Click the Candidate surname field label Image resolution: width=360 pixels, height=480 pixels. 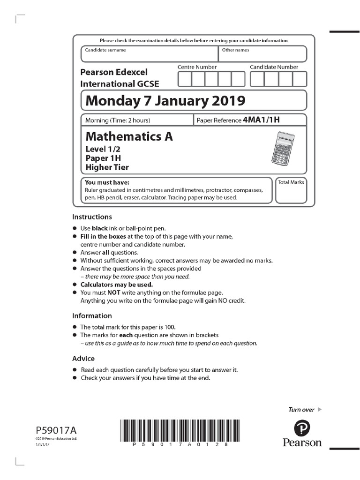click(105, 50)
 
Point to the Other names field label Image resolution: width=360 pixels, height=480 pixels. click(235, 50)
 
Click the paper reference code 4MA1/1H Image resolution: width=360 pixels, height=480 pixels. click(261, 120)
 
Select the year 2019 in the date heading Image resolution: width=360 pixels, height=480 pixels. click(222, 100)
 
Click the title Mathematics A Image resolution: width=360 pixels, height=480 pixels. click(129, 136)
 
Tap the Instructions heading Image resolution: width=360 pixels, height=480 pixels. click(92, 217)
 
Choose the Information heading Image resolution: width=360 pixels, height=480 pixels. click(92, 316)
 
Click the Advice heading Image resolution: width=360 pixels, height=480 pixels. click(83, 359)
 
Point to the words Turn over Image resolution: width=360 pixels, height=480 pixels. click(301, 410)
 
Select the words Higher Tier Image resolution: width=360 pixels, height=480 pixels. click(107, 167)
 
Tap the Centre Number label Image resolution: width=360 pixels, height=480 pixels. click(197, 67)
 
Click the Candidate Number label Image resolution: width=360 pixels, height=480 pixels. click(274, 67)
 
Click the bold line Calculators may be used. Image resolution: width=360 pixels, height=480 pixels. click(117, 285)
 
